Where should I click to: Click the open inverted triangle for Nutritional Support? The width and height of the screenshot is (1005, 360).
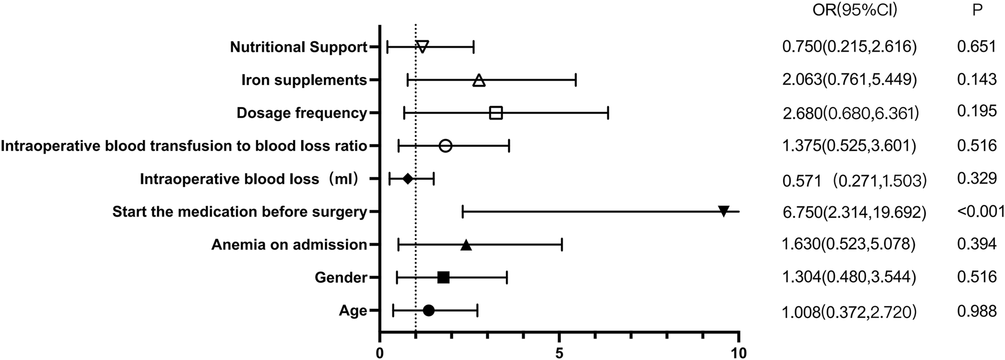[x=422, y=46]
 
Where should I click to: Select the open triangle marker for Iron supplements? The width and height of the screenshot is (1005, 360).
[x=479, y=81]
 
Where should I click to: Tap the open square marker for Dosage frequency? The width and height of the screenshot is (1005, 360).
[x=496, y=113]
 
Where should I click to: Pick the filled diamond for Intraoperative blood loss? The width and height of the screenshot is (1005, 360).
[x=407, y=179]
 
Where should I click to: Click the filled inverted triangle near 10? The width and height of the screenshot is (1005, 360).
[x=724, y=211]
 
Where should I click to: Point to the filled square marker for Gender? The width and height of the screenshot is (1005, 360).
[x=444, y=277]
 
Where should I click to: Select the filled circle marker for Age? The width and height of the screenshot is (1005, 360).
[x=429, y=310]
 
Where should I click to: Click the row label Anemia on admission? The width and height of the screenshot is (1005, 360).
[x=289, y=245]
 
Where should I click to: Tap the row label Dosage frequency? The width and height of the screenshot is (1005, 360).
[x=301, y=113]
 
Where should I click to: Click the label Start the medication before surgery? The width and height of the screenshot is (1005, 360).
[x=239, y=212]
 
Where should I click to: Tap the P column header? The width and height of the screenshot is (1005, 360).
[x=977, y=10]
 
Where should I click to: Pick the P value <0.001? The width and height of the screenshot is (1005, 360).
[x=981, y=211]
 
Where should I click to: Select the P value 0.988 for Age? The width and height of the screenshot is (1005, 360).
[x=977, y=311]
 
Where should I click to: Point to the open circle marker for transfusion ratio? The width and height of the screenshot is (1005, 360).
[x=446, y=146]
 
